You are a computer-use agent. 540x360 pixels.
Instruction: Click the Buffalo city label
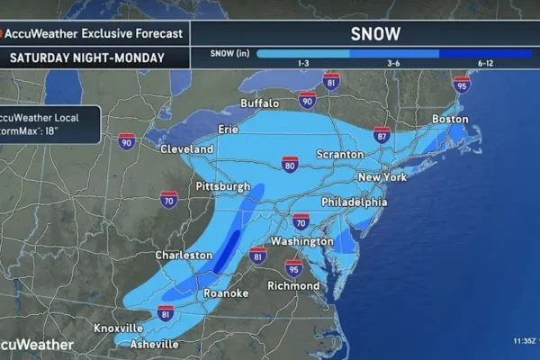[x=261, y=103]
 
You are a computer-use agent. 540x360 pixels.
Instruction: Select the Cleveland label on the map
[x=186, y=148]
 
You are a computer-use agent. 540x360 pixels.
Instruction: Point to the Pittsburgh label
[x=222, y=186]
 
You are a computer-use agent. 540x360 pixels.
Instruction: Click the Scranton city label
[x=339, y=154]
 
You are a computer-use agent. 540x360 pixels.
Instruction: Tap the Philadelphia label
[x=354, y=202]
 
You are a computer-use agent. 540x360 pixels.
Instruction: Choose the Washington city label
[x=303, y=242]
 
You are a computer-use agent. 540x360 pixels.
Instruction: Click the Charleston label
[x=184, y=256]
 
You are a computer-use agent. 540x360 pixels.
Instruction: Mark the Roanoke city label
[x=223, y=292]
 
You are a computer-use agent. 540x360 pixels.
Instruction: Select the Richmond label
[x=293, y=286]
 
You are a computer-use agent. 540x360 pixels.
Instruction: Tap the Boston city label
[x=451, y=120]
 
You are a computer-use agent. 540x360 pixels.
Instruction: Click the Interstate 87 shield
[x=382, y=135]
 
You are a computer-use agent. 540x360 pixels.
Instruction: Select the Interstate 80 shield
[x=290, y=164]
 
